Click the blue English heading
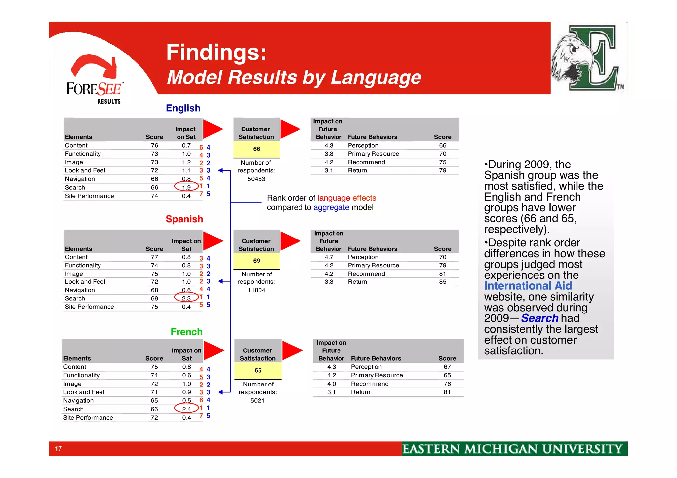183,108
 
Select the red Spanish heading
184,219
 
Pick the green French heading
186,332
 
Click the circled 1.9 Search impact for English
186,187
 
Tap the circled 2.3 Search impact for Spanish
186,298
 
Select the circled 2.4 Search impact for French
186,409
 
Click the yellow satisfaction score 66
257,149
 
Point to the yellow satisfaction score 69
257,261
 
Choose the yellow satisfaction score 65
258,370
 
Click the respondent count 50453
256,179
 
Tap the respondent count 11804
256,290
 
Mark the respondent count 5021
257,401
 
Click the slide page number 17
59,449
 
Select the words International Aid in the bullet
528,286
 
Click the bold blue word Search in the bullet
539,318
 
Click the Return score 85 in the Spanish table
442,282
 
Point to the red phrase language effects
346,198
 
